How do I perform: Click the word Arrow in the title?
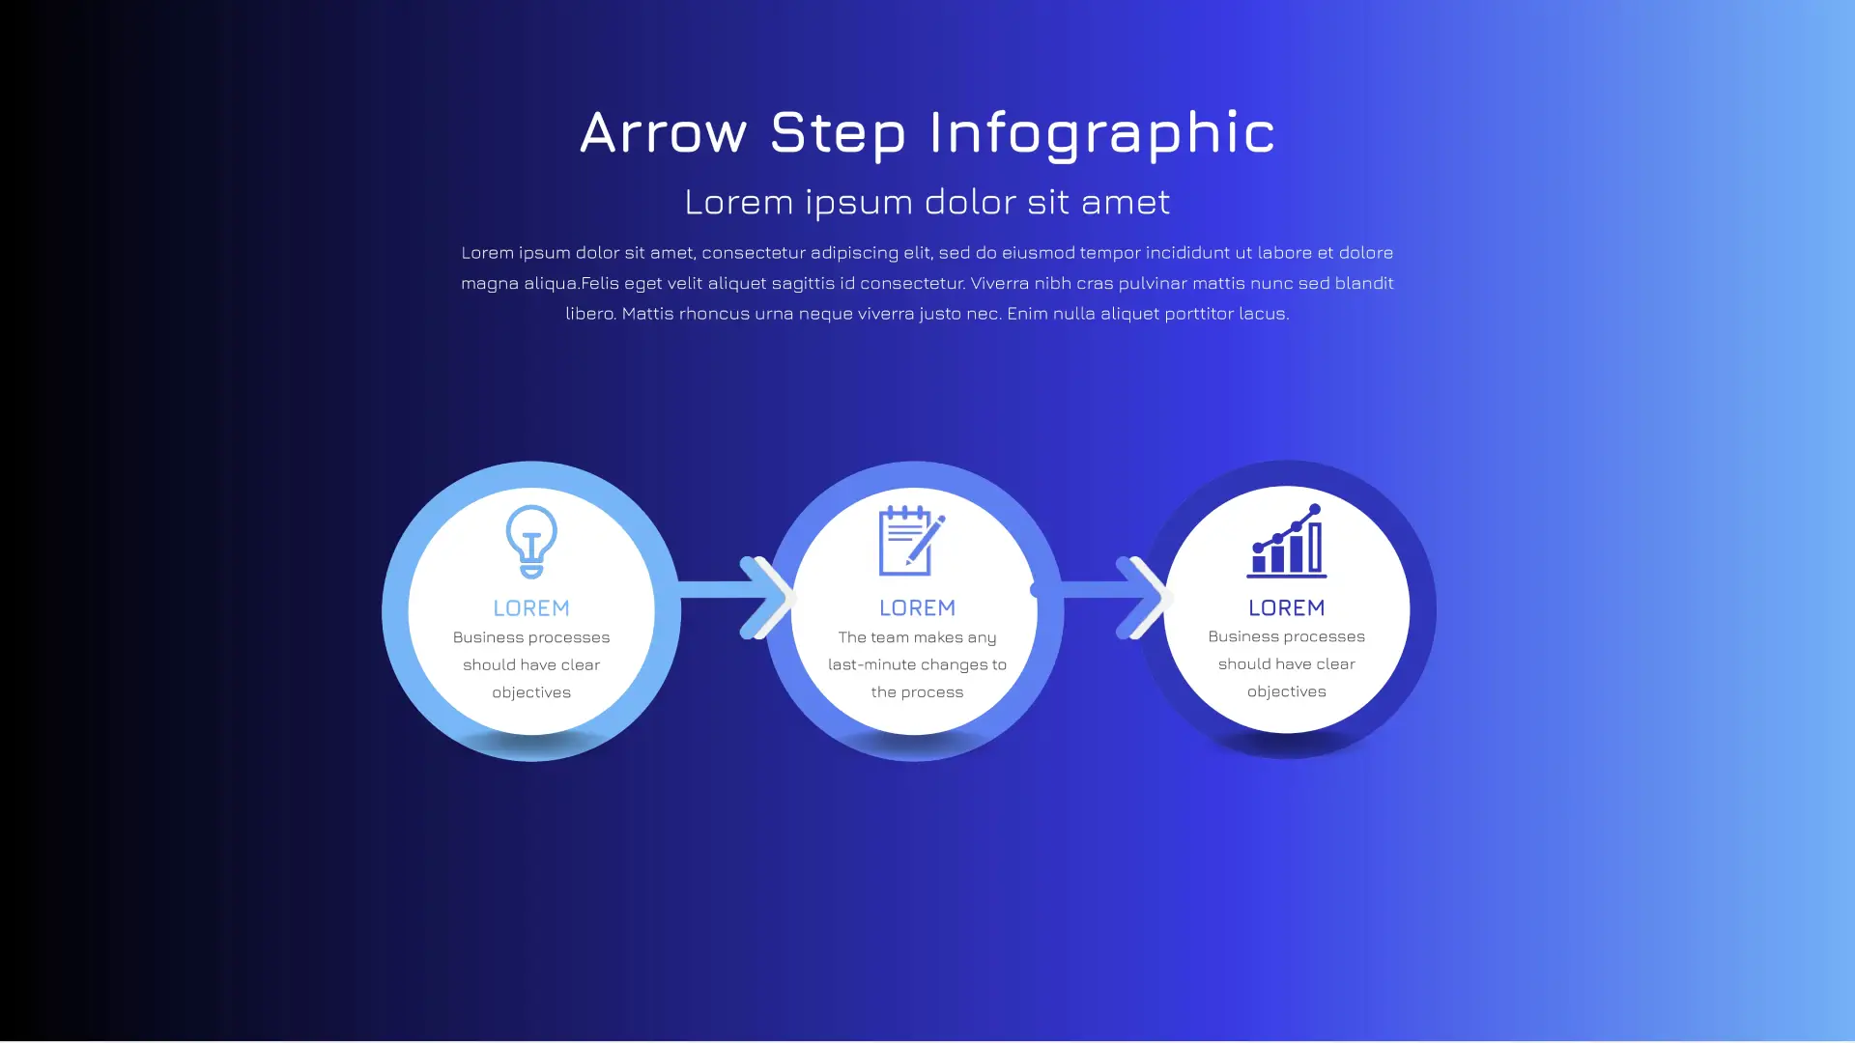click(x=663, y=132)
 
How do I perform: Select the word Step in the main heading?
click(x=838, y=132)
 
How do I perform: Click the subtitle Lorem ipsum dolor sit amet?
click(x=927, y=202)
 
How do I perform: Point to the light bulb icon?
click(x=531, y=541)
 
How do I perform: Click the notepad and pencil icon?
click(x=911, y=541)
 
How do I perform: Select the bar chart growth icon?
click(x=1286, y=542)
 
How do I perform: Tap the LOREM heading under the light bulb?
click(x=531, y=608)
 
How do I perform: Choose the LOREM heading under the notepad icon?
click(x=917, y=608)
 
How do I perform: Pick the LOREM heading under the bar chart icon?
click(x=1286, y=608)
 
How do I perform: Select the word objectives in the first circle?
click(x=531, y=692)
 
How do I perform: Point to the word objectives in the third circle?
click(x=1286, y=691)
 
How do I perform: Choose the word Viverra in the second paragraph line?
click(x=1001, y=283)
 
